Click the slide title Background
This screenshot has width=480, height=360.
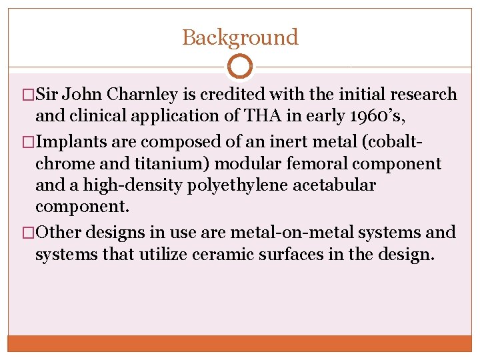[x=240, y=37]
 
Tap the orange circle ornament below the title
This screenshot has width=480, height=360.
[x=240, y=67]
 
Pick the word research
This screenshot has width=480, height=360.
[x=423, y=95]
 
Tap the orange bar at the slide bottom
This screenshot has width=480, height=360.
[x=240, y=343]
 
